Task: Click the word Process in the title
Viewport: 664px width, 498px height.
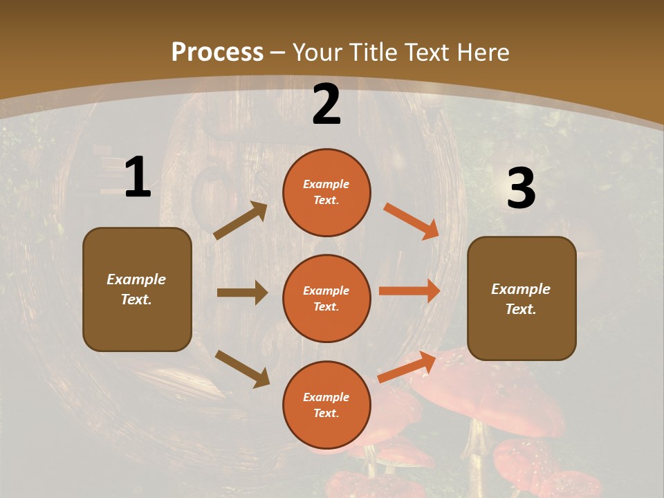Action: coord(217,53)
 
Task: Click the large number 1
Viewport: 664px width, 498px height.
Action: coord(138,177)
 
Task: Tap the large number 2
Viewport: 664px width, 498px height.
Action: coord(326,104)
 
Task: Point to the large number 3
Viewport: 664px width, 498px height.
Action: coord(521,188)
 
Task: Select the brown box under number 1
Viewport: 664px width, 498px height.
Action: coord(137,289)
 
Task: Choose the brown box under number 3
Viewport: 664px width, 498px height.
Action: coord(522,298)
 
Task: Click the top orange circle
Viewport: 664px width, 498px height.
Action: coord(326,192)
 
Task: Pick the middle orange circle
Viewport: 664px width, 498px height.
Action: coord(326,298)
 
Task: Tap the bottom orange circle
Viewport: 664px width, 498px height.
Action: coord(326,405)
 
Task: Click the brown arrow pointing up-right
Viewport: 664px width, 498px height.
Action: coord(241,221)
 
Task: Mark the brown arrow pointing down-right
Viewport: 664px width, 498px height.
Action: coord(242,369)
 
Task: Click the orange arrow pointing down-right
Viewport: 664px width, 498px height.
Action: coord(411,221)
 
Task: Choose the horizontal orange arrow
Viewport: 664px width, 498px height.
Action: coord(409,290)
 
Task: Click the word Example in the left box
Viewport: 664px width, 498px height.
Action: coord(136,279)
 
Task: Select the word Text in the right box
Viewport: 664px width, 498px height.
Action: coord(519,309)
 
